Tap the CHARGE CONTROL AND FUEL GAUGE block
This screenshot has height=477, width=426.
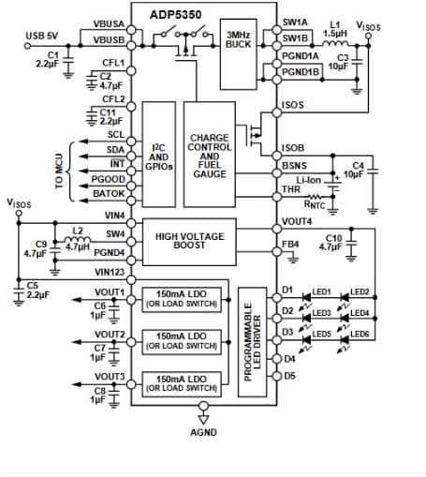point(209,154)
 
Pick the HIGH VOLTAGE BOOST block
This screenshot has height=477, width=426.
point(195,242)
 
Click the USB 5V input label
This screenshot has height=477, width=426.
point(43,35)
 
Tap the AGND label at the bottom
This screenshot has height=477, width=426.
point(203,434)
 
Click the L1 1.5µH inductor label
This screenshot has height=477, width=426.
point(334,27)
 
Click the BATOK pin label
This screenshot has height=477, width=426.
point(110,192)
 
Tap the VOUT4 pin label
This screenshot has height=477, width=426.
point(297,221)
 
